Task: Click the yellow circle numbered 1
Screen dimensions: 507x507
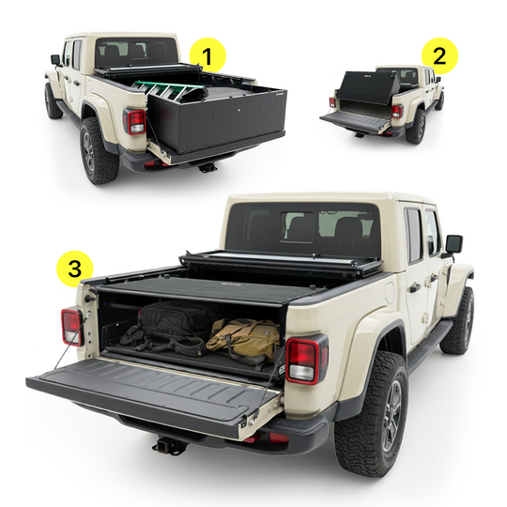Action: click(x=207, y=54)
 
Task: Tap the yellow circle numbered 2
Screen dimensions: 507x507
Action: click(x=439, y=55)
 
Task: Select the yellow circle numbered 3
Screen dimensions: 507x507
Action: click(x=74, y=268)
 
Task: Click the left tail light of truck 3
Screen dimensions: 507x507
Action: click(x=72, y=326)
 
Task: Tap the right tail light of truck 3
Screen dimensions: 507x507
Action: click(x=304, y=359)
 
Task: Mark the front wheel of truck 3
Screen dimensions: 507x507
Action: click(x=459, y=320)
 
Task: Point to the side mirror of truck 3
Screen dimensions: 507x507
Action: click(x=453, y=245)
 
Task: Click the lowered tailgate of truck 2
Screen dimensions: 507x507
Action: click(x=356, y=119)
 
